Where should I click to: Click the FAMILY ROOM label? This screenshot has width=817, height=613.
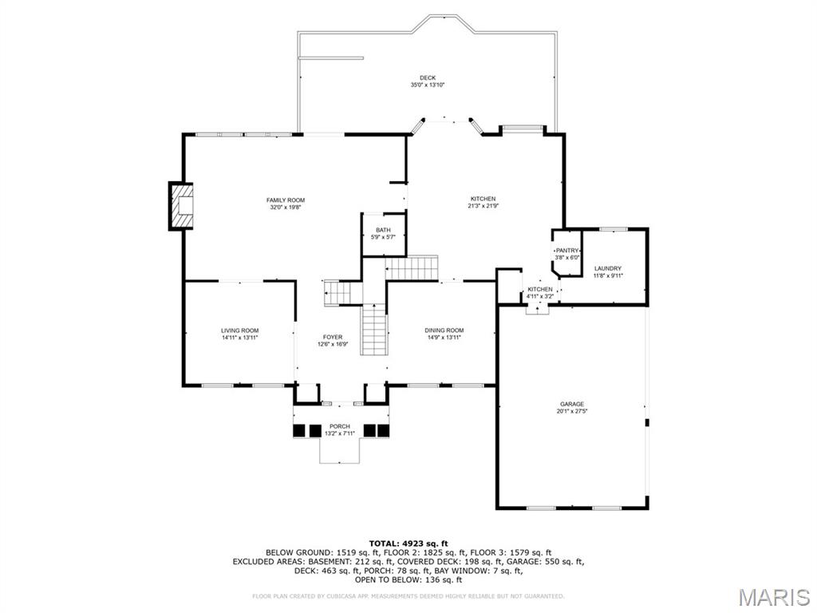(285, 200)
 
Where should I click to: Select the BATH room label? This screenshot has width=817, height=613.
(384, 230)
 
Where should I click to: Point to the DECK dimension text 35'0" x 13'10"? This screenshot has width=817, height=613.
(427, 85)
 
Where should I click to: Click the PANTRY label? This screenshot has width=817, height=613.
(567, 251)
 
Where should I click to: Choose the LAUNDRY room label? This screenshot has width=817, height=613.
(608, 268)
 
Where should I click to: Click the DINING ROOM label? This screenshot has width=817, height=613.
(444, 330)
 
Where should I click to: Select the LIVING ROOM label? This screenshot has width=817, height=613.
(239, 330)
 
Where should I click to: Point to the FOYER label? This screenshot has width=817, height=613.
(333, 337)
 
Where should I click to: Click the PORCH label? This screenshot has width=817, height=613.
(340, 427)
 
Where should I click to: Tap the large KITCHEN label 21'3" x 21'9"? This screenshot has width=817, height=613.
(483, 199)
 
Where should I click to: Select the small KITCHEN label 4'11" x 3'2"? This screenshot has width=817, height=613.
(539, 289)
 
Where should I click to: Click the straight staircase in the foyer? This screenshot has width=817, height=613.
(374, 330)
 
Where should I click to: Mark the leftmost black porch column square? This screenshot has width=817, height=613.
(299, 431)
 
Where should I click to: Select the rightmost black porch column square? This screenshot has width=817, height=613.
(384, 431)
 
